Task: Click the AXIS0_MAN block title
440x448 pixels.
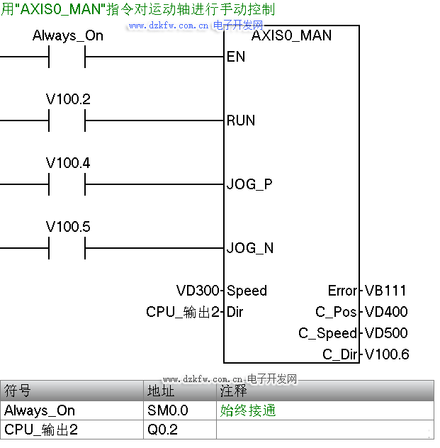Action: click(291, 35)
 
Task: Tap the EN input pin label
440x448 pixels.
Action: click(236, 57)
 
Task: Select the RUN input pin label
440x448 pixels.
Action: click(241, 121)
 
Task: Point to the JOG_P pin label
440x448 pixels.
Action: click(249, 184)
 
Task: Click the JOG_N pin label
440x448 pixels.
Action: click(250, 248)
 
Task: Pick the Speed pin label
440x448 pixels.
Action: click(247, 291)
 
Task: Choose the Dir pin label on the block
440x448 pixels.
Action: click(235, 312)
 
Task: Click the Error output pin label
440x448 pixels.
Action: click(343, 291)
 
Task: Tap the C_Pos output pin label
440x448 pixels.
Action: click(337, 312)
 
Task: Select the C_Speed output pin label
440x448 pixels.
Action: click(328, 333)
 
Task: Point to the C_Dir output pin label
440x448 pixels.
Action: click(340, 354)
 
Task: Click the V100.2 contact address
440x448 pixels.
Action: click(68, 99)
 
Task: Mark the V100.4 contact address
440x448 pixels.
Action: click(68, 163)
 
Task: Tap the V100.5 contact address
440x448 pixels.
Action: click(68, 227)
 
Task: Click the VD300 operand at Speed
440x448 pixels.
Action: click(200, 291)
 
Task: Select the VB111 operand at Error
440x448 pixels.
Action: click(385, 291)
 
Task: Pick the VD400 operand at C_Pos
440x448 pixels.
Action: click(386, 312)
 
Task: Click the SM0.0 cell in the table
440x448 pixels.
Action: click(168, 410)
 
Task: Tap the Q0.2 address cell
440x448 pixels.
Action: click(162, 430)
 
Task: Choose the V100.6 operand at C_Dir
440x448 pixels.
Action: click(387, 354)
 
